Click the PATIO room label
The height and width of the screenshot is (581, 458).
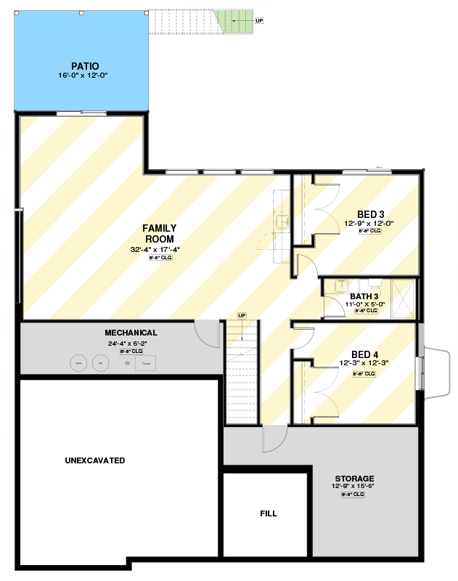click(x=85, y=66)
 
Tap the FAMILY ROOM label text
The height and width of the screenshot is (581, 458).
click(x=160, y=233)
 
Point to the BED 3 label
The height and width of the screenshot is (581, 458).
click(x=370, y=214)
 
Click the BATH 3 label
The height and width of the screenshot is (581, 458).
click(x=364, y=296)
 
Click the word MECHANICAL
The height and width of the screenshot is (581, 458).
click(x=131, y=333)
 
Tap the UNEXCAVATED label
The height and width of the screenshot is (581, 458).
click(x=94, y=460)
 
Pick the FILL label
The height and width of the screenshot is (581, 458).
click(x=269, y=513)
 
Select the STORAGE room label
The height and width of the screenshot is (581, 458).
click(x=355, y=479)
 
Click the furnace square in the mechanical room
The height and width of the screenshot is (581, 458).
click(x=146, y=362)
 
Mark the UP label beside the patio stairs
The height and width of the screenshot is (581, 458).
click(x=259, y=20)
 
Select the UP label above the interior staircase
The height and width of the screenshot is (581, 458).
click(x=242, y=315)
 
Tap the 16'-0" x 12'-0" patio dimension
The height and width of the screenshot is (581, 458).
click(x=84, y=75)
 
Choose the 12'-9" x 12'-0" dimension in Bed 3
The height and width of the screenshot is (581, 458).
click(x=369, y=224)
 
